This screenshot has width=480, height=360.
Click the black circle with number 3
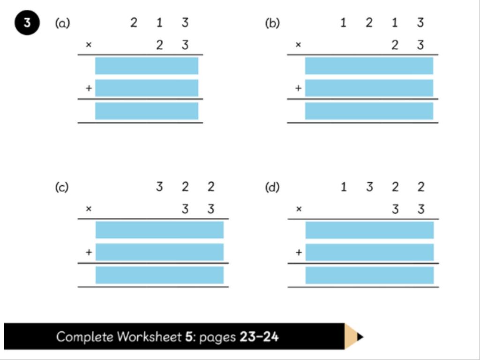(x=27, y=22)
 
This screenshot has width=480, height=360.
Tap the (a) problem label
(x=62, y=23)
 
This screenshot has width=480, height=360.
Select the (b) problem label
(x=272, y=23)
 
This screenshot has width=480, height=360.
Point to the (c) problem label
(x=62, y=187)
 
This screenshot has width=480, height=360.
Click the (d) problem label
(x=272, y=187)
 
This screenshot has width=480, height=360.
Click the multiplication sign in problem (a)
(x=89, y=45)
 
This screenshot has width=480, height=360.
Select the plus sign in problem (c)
(x=89, y=252)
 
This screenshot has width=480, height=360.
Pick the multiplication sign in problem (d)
(x=299, y=209)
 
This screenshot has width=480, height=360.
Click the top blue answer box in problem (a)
(x=147, y=66)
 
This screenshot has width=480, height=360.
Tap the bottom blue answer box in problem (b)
(x=369, y=111)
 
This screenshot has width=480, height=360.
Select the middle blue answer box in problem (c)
(x=159, y=252)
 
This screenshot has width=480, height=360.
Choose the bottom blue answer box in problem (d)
(x=369, y=275)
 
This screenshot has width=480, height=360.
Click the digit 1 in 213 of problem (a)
(x=159, y=22)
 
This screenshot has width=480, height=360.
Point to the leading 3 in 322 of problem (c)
(x=159, y=187)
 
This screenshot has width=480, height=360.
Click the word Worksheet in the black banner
(x=150, y=337)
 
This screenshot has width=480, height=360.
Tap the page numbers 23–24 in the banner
(x=259, y=337)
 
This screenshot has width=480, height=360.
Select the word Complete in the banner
(x=85, y=337)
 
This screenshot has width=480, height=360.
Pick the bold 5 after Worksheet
(x=188, y=337)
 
